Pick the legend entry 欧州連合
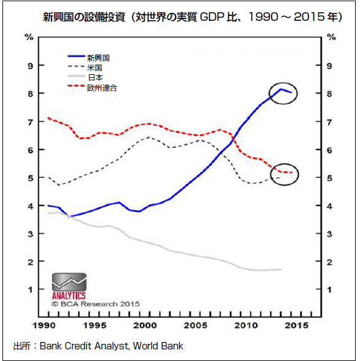coord(102,88)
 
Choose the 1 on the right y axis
coord(331,289)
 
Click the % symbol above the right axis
coord(331,37)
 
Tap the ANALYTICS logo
coord(69,286)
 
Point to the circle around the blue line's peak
coord(283,93)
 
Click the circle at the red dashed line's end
coord(285,174)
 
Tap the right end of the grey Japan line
coord(281,269)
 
